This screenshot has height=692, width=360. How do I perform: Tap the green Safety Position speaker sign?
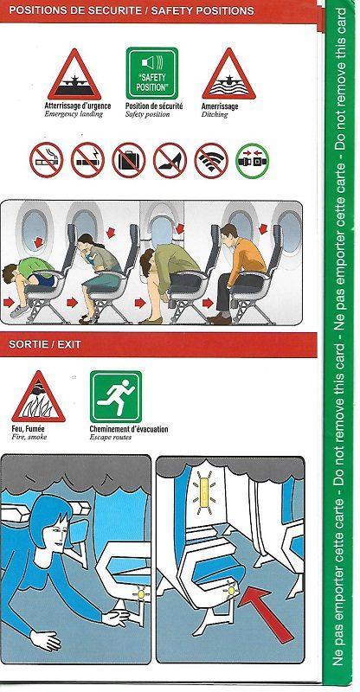(x=151, y=74)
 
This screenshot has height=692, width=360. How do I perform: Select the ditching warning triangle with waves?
(x=227, y=76)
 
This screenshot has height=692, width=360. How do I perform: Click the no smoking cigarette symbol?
(x=46, y=160)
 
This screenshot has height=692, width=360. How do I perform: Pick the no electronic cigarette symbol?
(x=87, y=160)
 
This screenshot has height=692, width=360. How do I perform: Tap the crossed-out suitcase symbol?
(x=129, y=160)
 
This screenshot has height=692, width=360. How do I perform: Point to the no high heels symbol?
(x=170, y=160)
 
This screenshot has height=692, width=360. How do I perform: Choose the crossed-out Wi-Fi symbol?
(x=210, y=160)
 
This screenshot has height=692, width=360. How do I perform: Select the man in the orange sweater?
(x=238, y=264)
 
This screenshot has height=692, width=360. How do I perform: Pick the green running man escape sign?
(x=115, y=396)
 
